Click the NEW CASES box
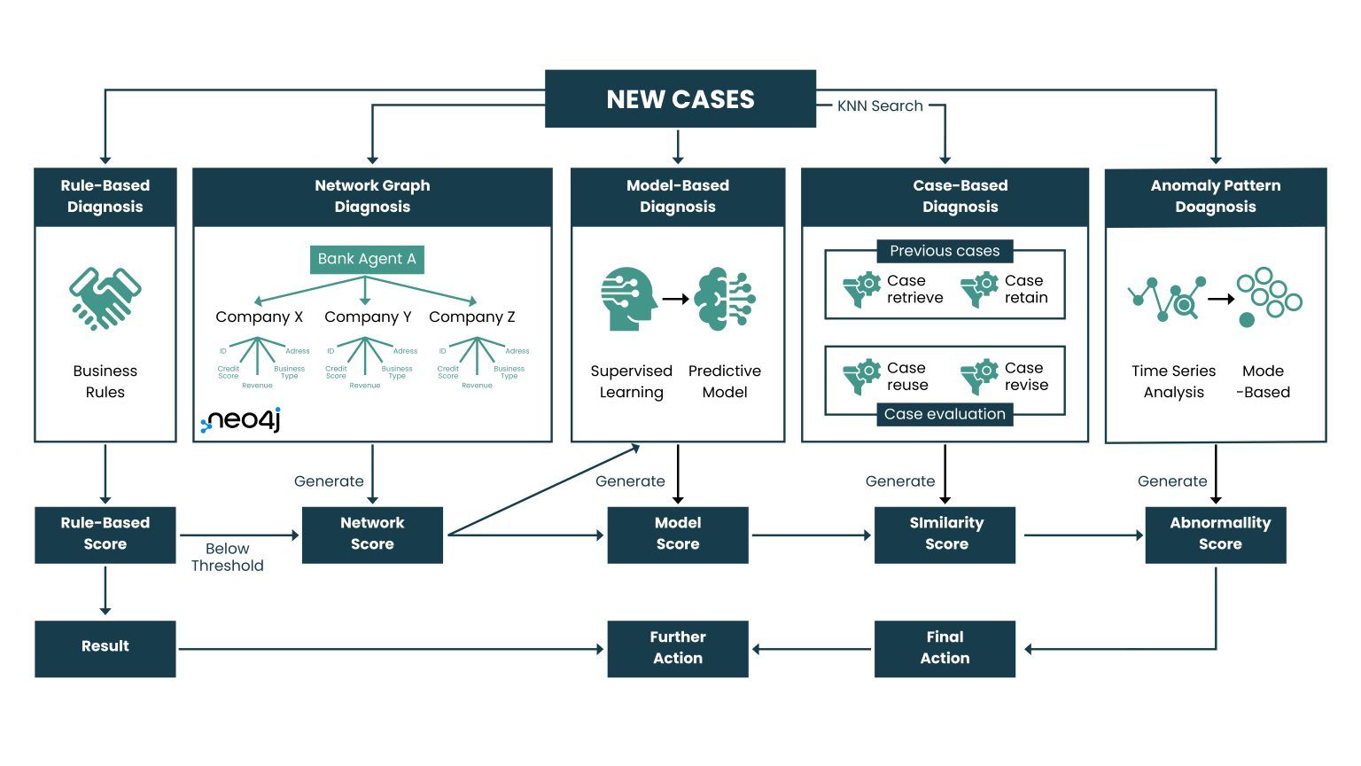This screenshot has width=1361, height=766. pos(680,99)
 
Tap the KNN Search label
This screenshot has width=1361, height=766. pos(880,106)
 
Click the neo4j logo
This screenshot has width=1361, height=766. pos(241,420)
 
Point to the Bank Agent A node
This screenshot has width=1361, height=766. pos(366,259)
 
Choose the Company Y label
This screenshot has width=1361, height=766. pos(368,317)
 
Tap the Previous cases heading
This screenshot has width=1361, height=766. pos(945,251)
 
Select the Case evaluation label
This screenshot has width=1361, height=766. pos(945,414)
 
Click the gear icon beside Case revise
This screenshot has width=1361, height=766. pos(979,377)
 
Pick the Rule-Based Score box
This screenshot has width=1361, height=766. pos(105,534)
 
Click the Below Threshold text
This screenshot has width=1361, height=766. pos(227,557)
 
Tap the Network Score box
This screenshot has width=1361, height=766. pos(372,534)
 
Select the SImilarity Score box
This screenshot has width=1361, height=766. pos(945,534)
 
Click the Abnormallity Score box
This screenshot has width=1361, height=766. pos(1219,534)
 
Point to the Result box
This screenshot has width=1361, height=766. pos(105,647)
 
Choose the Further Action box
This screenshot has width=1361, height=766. pos(678,647)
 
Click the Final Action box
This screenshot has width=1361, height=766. pos(945,647)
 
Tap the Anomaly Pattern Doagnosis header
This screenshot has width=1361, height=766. pos(1215,196)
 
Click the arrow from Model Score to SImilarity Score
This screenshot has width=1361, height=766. pos(811,535)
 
